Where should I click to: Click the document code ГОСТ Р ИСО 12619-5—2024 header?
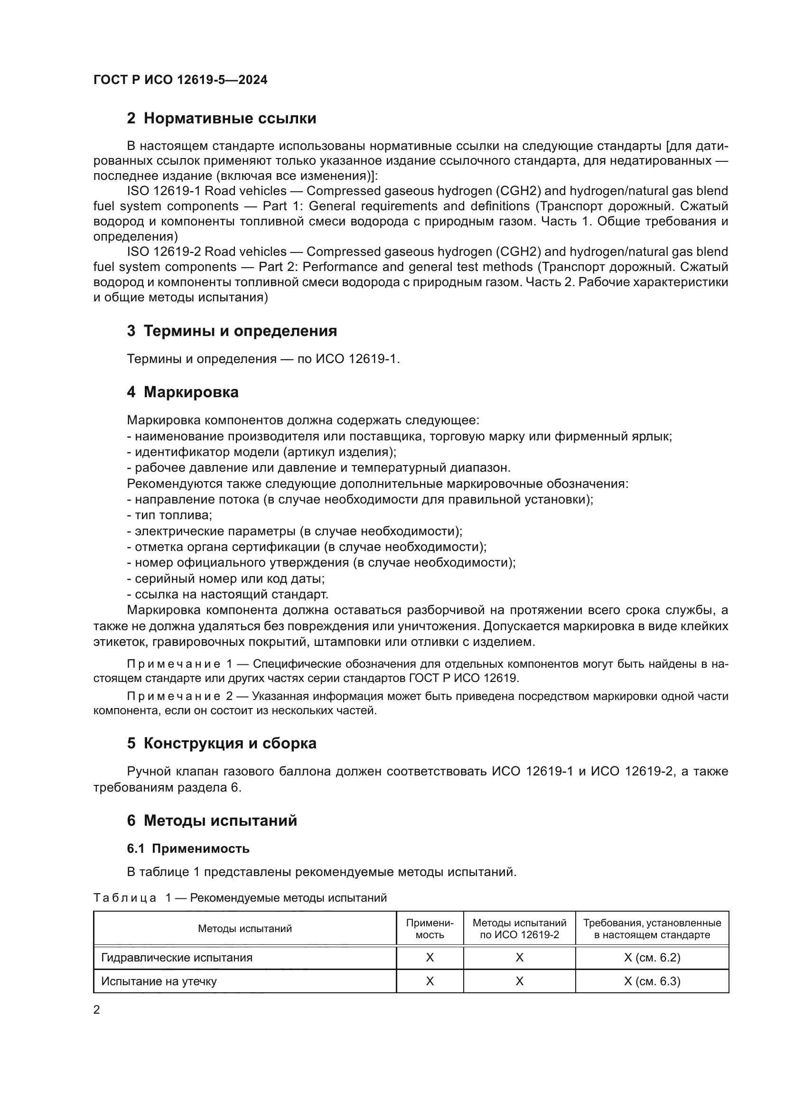pyautogui.click(x=180, y=80)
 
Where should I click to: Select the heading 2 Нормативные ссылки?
pyautogui.click(x=221, y=119)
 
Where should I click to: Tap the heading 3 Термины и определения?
pyautogui.click(x=232, y=331)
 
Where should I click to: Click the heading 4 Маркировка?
pyautogui.click(x=183, y=392)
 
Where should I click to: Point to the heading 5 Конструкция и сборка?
pyautogui.click(x=221, y=743)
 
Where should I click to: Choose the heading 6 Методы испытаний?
pyautogui.click(x=212, y=821)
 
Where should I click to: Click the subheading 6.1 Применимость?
pyautogui.click(x=188, y=849)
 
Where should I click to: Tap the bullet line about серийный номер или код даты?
pyautogui.click(x=226, y=578)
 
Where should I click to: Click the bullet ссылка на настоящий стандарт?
pyautogui.click(x=228, y=595)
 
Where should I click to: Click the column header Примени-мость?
pyautogui.click(x=430, y=929)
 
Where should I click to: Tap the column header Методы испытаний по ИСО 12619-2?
pyautogui.click(x=519, y=929)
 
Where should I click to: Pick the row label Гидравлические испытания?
pyautogui.click(x=177, y=958)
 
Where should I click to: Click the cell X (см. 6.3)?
pyautogui.click(x=652, y=981)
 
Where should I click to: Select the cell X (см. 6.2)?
pyautogui.click(x=652, y=958)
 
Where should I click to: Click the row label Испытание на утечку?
pyautogui.click(x=159, y=981)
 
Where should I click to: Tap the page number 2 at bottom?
pyautogui.click(x=97, y=1010)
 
